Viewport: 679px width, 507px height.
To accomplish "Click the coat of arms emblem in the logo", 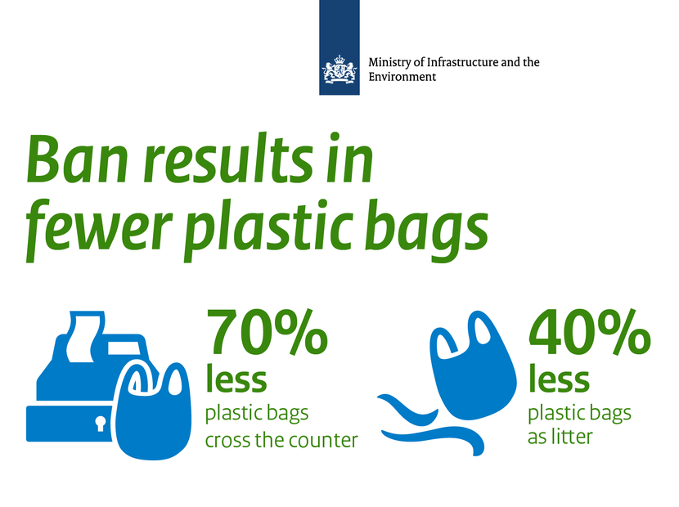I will click(x=339, y=68).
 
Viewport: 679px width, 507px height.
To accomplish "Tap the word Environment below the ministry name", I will click(x=402, y=77).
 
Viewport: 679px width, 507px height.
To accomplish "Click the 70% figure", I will click(x=266, y=332).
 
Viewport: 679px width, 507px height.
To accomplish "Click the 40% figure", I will click(x=589, y=332).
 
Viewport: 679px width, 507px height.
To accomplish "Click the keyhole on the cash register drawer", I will click(x=101, y=424).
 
